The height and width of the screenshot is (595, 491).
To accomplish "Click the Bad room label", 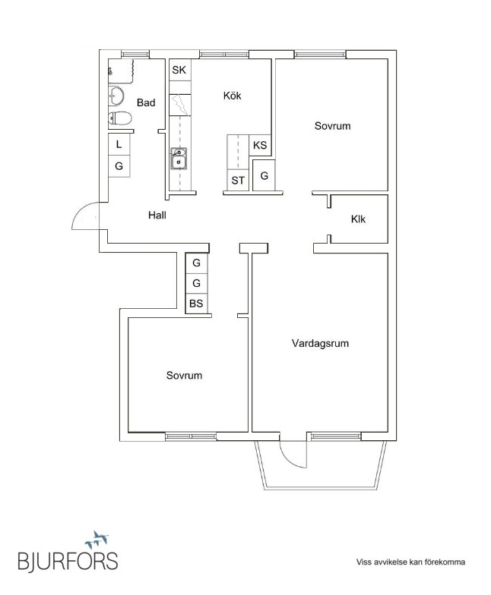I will point(146,102).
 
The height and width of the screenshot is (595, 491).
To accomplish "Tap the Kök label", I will point(232,96).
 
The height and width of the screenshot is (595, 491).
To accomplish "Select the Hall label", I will point(157,215).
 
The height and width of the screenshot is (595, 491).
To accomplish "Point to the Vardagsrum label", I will point(320,344).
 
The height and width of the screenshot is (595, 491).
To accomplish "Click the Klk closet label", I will point(358,219).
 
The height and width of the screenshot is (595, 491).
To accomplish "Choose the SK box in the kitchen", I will point(179,71).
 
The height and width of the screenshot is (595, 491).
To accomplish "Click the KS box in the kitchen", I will point(260,145).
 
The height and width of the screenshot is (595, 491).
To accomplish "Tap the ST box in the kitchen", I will point(239,180).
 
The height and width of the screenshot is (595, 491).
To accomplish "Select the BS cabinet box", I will point(196,304).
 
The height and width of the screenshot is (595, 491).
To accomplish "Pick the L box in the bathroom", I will point(119,144).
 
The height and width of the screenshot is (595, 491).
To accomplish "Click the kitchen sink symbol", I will point(179,159).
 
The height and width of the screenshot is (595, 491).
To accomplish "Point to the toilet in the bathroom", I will point(119,118).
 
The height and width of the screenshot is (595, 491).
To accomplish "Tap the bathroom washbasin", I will point(117,96).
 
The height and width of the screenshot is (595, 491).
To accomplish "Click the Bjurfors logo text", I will point(68,561).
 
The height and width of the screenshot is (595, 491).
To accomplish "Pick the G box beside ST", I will point(264,176).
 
